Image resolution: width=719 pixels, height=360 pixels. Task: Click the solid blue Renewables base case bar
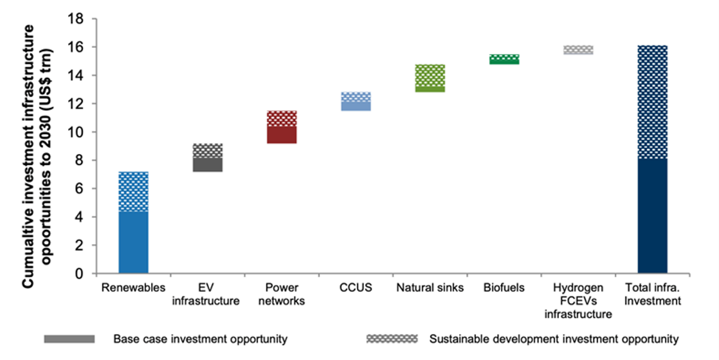pos(133,242)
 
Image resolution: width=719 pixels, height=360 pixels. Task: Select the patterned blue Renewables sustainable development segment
pos(133,191)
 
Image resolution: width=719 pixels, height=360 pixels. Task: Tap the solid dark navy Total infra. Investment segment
pos(652,216)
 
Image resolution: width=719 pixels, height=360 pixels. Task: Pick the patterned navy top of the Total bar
pos(652,102)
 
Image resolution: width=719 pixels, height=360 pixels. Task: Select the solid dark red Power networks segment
pos(282,135)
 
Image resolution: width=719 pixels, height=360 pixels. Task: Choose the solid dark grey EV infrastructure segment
pos(208,165)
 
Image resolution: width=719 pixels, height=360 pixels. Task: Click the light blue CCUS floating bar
pos(356,101)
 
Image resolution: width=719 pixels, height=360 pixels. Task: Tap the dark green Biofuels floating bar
pos(504,59)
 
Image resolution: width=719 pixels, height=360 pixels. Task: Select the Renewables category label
pos(133,288)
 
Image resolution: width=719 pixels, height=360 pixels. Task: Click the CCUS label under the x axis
pos(356,288)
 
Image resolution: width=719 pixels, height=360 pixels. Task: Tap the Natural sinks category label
pos(430,288)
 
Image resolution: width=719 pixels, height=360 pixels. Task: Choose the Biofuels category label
pos(504,288)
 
